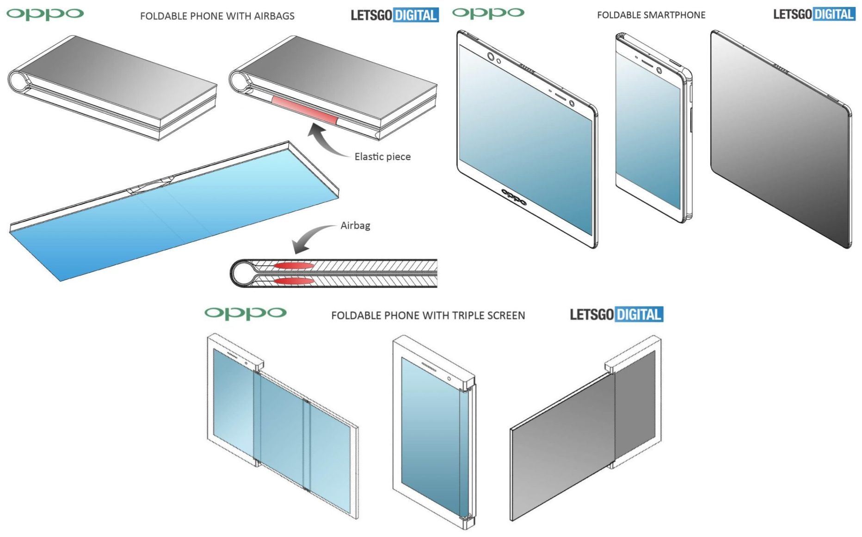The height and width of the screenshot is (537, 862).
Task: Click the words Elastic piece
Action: point(382,157)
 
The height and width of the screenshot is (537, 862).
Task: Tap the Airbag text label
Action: point(355,225)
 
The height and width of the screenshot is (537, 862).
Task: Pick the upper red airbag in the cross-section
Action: point(294,266)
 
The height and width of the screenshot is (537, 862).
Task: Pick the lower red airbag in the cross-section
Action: point(294,281)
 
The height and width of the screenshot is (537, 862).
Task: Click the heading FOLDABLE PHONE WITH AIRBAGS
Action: point(217,16)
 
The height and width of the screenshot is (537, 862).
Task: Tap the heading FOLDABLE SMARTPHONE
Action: point(651,15)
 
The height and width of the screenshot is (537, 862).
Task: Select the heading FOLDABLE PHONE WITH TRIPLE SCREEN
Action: point(428,316)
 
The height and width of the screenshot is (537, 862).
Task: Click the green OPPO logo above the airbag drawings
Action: point(45,14)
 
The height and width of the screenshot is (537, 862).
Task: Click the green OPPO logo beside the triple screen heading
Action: point(246,313)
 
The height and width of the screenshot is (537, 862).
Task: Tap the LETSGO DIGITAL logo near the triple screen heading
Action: point(616,315)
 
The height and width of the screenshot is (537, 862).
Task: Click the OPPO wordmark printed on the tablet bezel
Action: point(514,197)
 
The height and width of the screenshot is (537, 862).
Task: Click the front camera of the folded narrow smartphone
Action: point(659,71)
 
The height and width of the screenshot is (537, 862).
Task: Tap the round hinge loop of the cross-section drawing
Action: point(242,273)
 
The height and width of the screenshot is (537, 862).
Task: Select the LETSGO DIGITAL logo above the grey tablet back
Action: point(814,14)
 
